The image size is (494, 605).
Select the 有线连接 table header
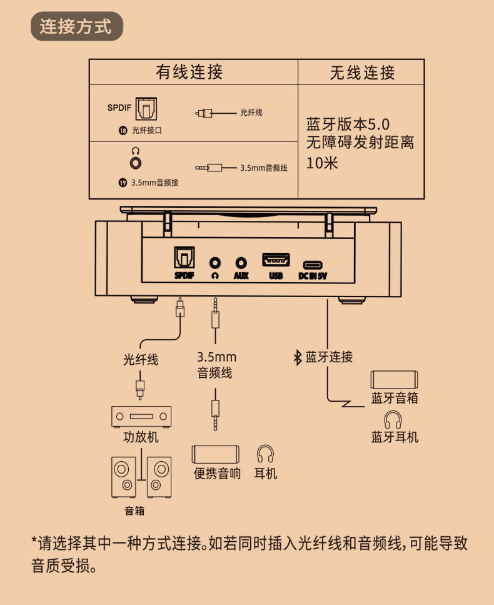[189, 72]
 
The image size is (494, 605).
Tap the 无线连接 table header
[362, 73]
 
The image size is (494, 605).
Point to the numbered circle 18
[123, 131]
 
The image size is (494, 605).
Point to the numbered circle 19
[123, 183]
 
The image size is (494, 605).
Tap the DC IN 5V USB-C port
[313, 264]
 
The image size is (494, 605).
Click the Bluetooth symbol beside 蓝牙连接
[298, 357]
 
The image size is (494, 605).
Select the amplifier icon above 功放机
[141, 415]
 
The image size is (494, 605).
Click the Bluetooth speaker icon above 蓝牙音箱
[394, 379]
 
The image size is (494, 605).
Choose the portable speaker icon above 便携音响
[216, 454]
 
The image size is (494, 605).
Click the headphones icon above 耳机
[266, 454]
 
